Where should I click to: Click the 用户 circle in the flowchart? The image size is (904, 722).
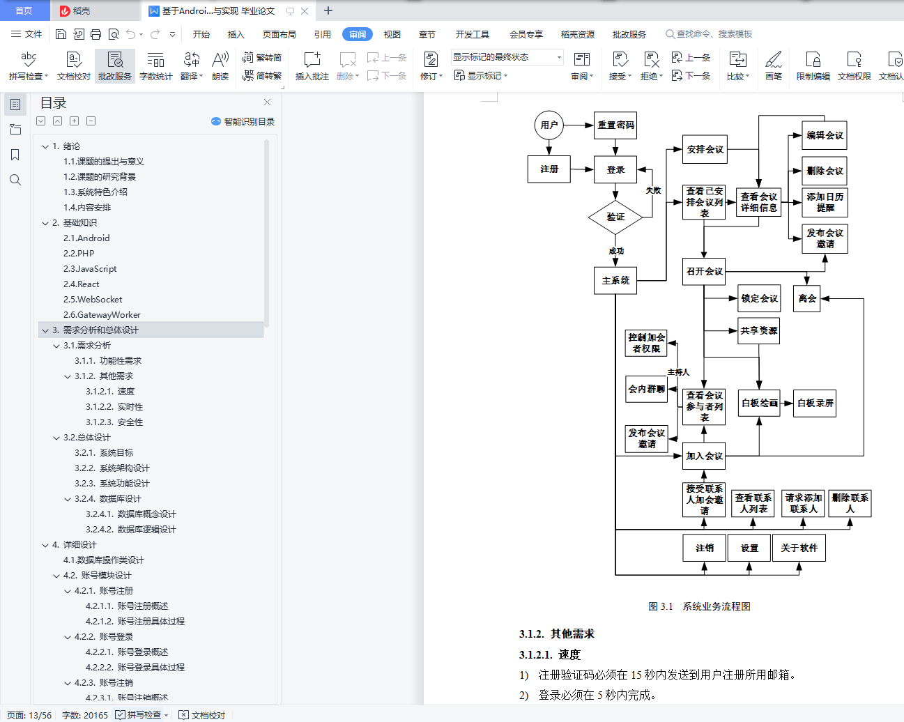(x=549, y=125)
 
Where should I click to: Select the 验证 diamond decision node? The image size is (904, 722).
(x=615, y=217)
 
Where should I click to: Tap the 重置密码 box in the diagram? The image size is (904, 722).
(x=615, y=125)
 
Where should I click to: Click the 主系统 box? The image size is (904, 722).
(x=615, y=280)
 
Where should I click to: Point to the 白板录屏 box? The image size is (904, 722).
(x=815, y=403)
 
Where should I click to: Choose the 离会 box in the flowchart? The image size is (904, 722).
(x=807, y=298)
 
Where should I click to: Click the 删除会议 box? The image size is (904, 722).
(x=825, y=171)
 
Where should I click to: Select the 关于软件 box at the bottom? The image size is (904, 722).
(x=799, y=548)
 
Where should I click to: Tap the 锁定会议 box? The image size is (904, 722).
(x=759, y=298)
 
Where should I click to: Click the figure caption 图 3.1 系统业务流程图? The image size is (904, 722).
(x=699, y=606)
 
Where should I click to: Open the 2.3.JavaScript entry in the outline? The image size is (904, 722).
(x=90, y=269)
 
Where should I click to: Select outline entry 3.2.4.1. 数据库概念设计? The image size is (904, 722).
(x=131, y=514)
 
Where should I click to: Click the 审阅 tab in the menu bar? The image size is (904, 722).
(x=358, y=34)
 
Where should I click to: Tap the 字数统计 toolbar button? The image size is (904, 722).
(x=156, y=66)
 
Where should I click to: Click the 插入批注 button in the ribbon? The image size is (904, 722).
(x=312, y=66)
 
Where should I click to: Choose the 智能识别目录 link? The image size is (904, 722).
(x=243, y=121)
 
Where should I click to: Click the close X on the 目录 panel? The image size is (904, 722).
(x=267, y=102)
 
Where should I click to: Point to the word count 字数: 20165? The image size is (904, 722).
(x=85, y=715)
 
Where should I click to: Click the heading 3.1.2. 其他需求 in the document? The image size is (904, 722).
(x=557, y=633)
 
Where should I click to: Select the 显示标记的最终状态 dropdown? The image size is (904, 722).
(x=507, y=57)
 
